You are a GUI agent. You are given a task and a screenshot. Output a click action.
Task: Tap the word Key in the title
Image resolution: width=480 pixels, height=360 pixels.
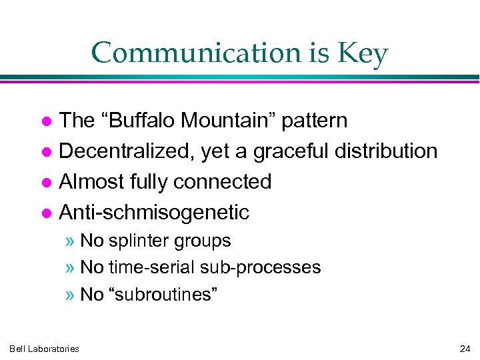pos(364,53)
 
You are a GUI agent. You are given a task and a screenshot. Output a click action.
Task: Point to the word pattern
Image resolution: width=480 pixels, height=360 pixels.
pos(315,121)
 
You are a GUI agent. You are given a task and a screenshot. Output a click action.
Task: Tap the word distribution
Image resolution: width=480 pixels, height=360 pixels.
pos(387,151)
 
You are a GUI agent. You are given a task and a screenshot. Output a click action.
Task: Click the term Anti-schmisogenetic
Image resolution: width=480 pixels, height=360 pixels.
pos(154,212)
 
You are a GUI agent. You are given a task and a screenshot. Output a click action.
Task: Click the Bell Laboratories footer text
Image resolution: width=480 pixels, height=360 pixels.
pos(44,349)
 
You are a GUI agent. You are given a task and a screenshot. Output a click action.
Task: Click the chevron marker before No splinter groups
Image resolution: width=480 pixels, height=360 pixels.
pos(71,241)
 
